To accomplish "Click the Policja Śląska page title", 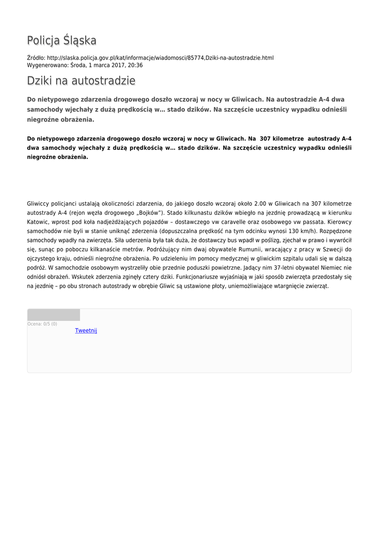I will (x=62, y=41).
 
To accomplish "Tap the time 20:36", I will (x=135, y=65).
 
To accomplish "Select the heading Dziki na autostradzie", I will (x=81, y=81).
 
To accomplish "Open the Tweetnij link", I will (x=86, y=331).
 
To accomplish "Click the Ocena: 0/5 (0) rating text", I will (x=42, y=324).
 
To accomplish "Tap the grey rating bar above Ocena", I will (x=53, y=315).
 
